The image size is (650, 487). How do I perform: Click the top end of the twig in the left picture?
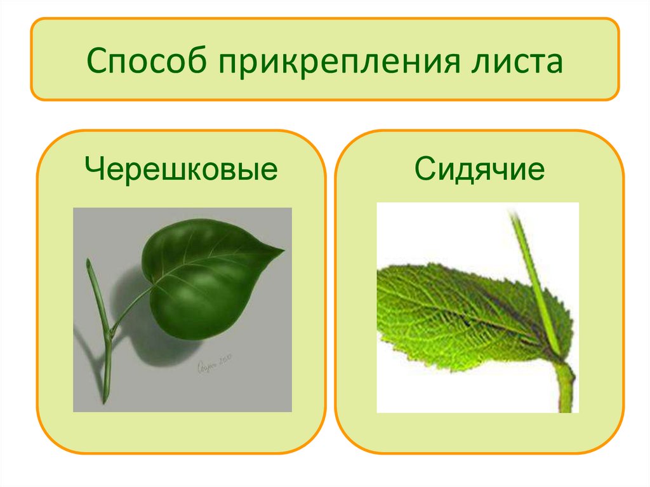(x=89, y=261)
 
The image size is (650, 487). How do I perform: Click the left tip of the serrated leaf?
(x=379, y=273)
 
